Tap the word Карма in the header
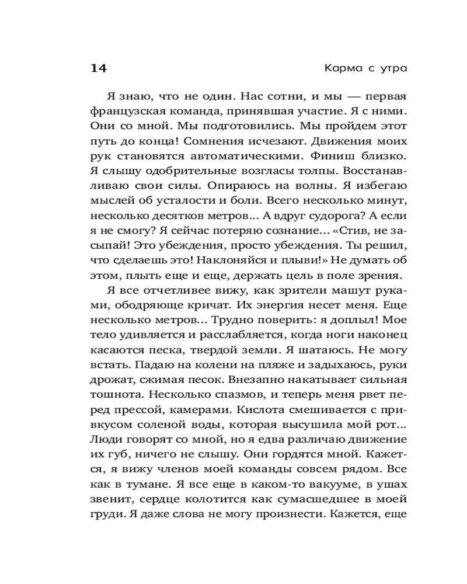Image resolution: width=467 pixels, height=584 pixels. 341,68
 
